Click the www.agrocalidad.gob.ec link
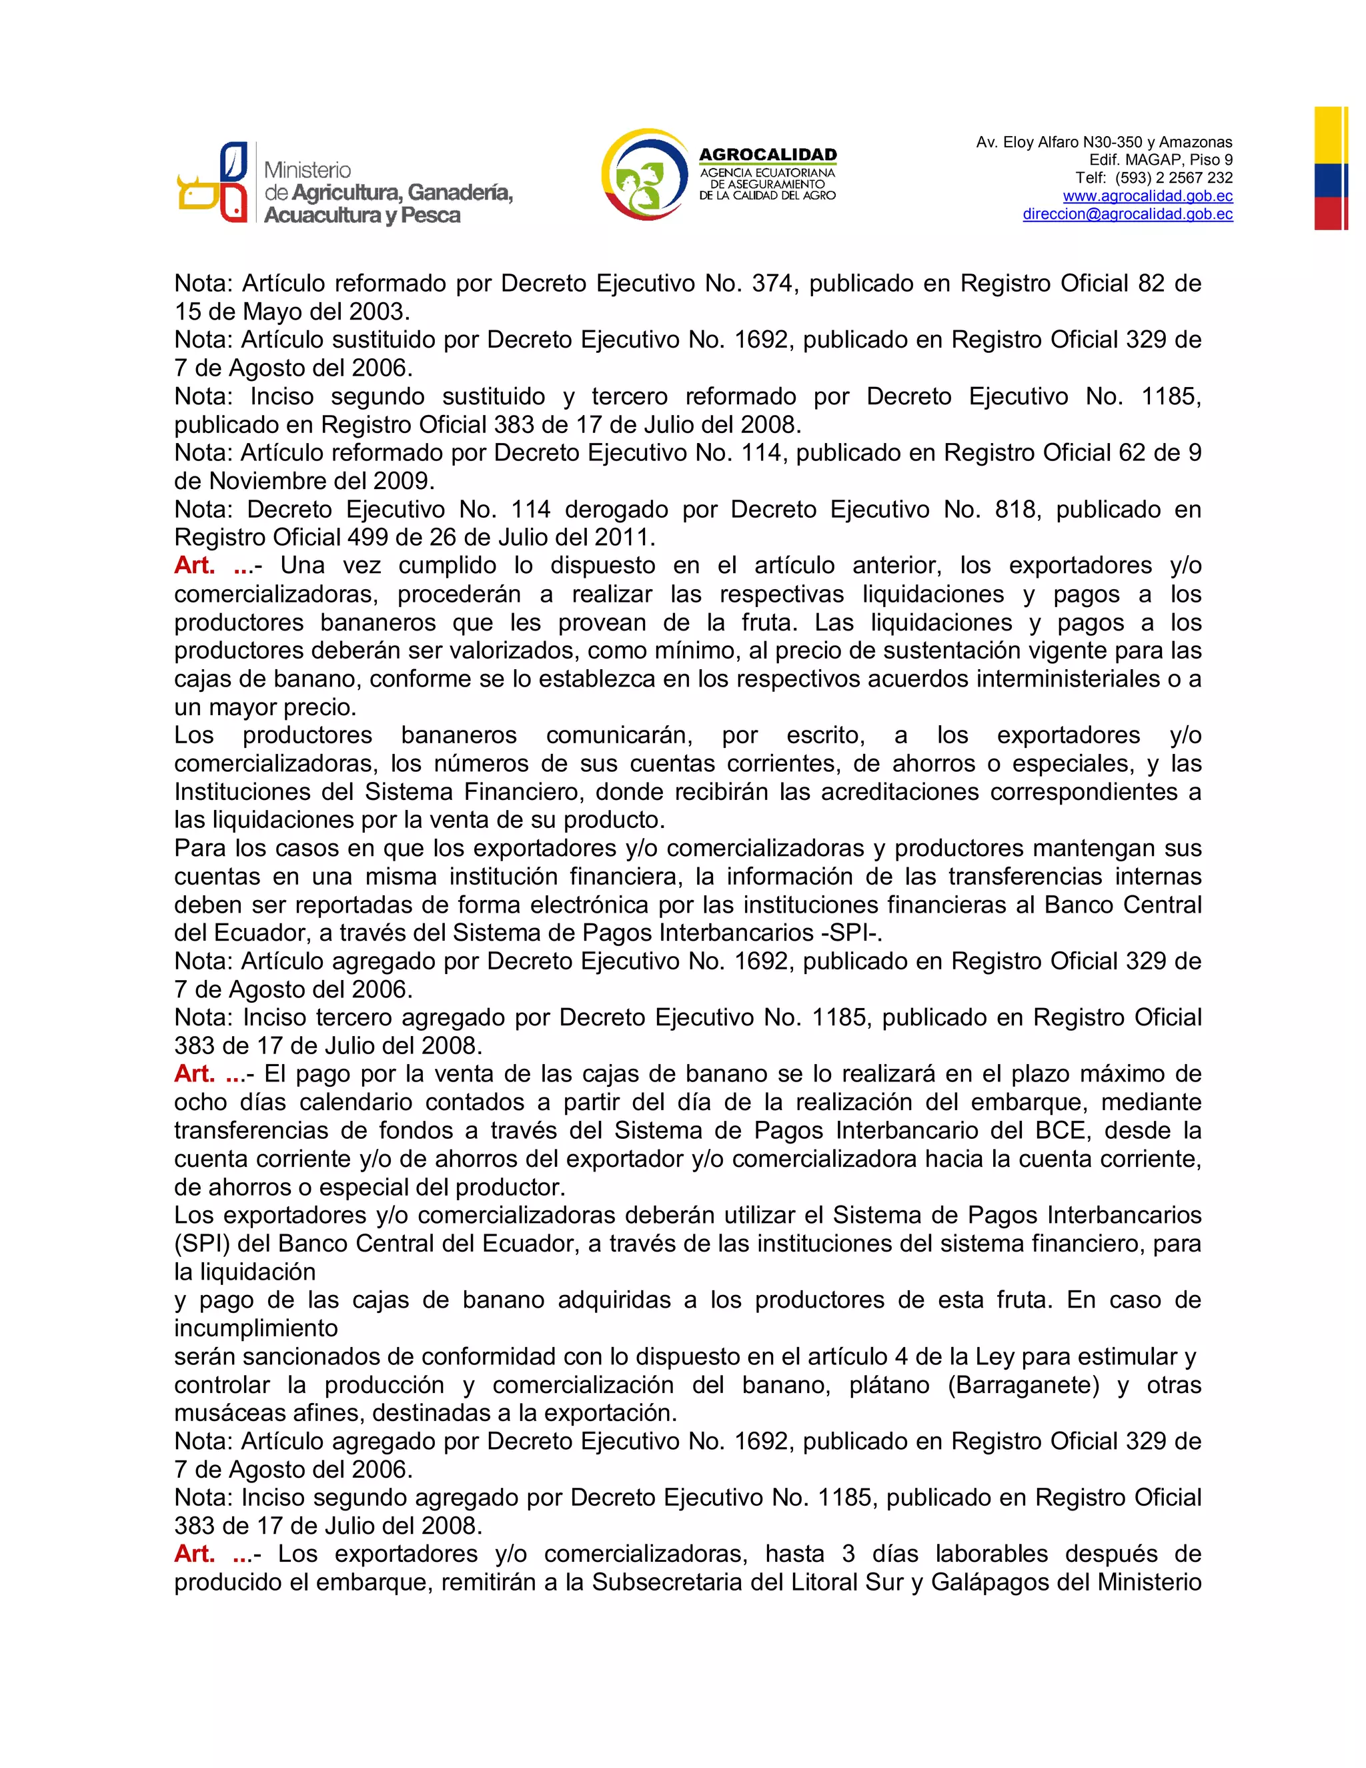tap(1147, 196)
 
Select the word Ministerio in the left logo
tap(307, 170)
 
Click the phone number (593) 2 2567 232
tap(1173, 178)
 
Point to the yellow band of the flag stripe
tap(1331, 135)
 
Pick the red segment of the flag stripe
tap(1331, 213)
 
